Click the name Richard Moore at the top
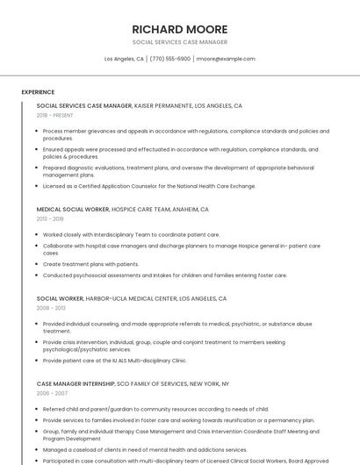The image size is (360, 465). (x=179, y=29)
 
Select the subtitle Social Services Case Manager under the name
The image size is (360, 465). (x=179, y=42)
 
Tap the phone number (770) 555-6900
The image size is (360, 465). (x=170, y=59)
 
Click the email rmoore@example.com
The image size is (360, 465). (x=226, y=59)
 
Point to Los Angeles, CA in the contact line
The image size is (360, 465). (x=124, y=59)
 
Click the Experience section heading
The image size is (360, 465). (x=38, y=92)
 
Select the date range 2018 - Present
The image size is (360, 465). (x=54, y=115)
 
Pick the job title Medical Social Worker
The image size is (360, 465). (x=73, y=210)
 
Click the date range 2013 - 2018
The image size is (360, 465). (x=50, y=219)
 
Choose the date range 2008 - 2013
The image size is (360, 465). (x=51, y=308)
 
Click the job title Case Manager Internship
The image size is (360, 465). (x=76, y=383)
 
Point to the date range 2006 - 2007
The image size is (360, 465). (x=51, y=393)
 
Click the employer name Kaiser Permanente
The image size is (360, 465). (x=163, y=105)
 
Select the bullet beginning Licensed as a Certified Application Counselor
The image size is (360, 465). (x=149, y=186)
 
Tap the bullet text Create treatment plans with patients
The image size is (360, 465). (x=90, y=264)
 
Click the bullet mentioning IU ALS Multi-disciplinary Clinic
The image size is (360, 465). (x=115, y=360)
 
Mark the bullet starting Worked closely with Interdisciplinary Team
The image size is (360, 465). (x=131, y=234)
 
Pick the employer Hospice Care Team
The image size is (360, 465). (x=143, y=210)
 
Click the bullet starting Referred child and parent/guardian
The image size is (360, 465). (x=155, y=409)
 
